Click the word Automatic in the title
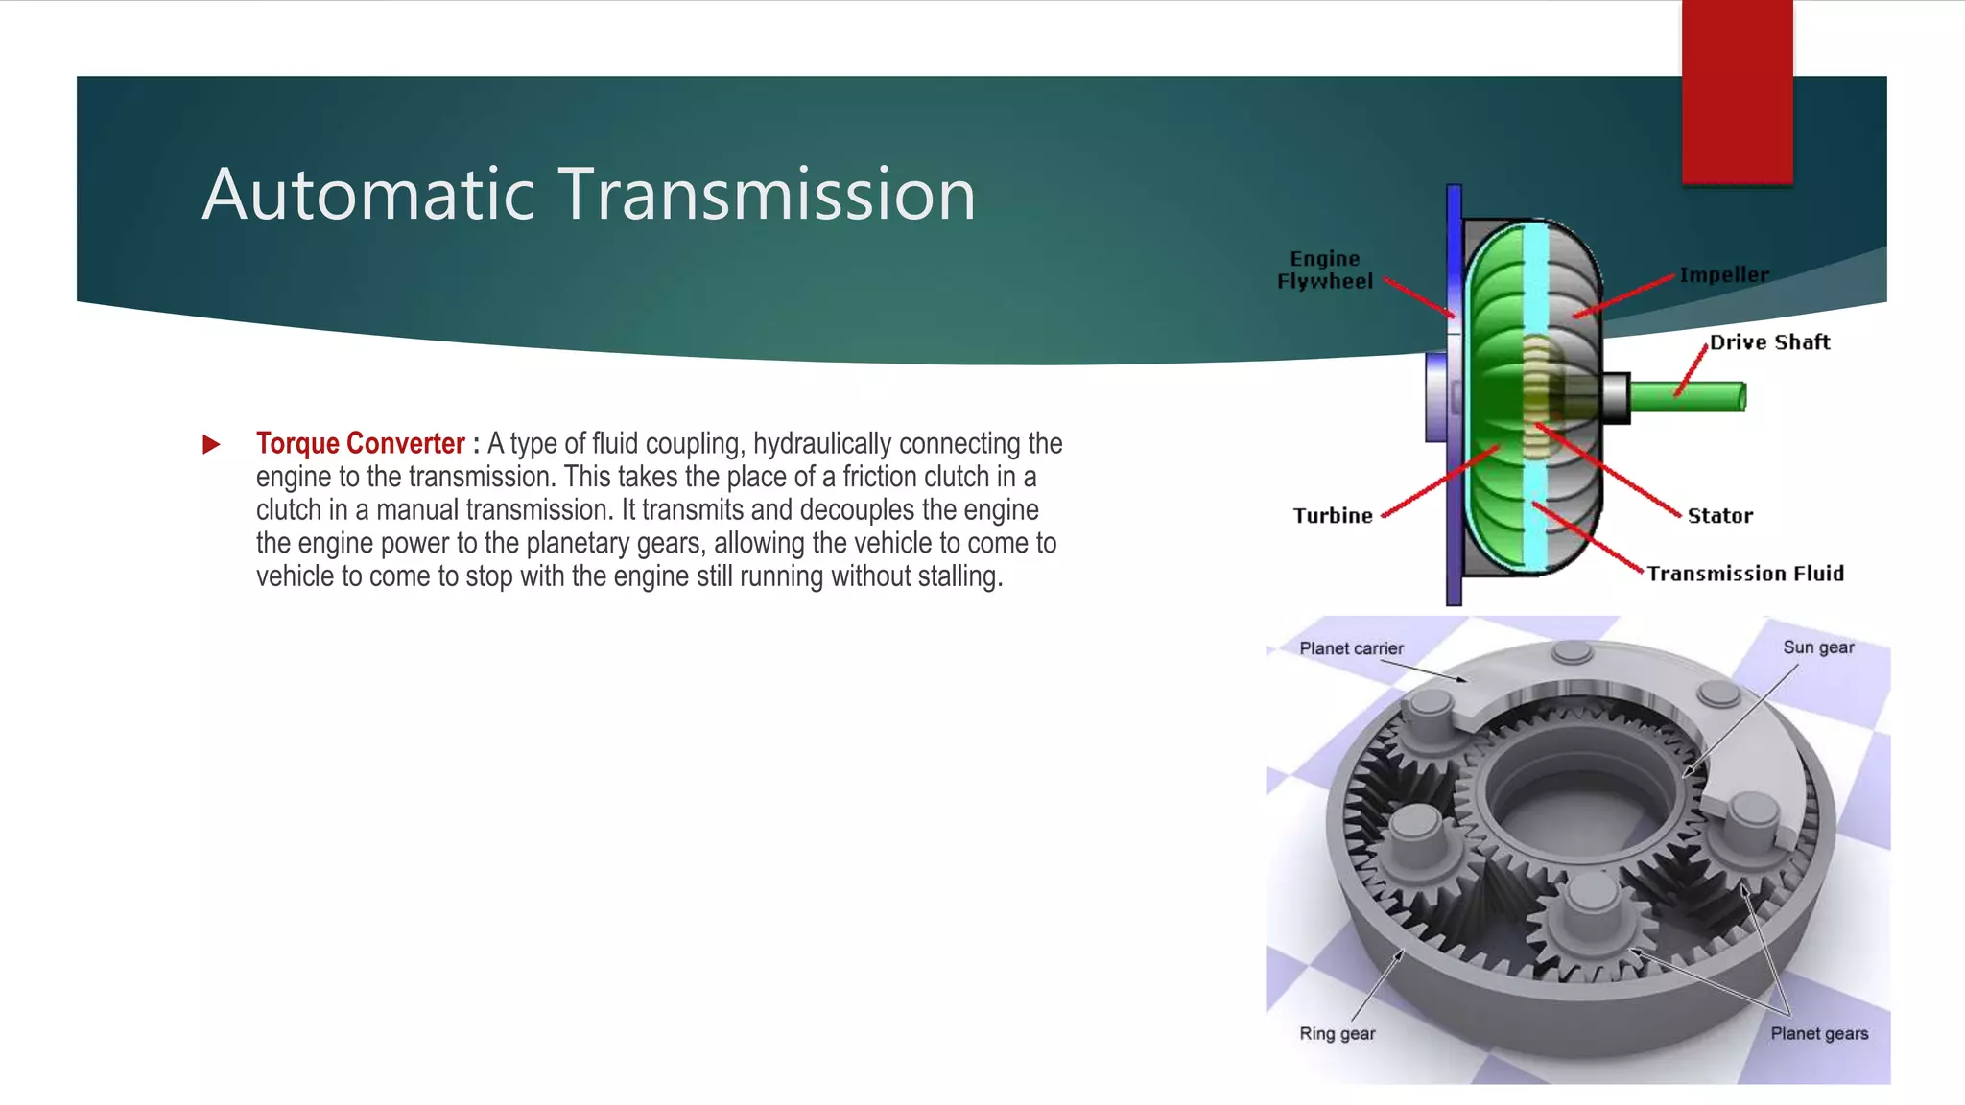click(x=367, y=195)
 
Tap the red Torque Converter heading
click(x=360, y=443)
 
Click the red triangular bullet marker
click(x=211, y=444)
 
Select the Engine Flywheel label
click(x=1324, y=270)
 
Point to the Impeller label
click(x=1723, y=275)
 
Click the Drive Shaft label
click(x=1769, y=342)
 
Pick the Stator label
click(x=1719, y=516)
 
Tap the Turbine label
click(x=1333, y=516)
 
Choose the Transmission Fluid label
click(x=1745, y=574)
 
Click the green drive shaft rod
click(x=1689, y=396)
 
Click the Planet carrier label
click(x=1351, y=648)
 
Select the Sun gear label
click(x=1818, y=647)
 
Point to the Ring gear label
click(x=1337, y=1034)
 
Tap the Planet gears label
click(x=1819, y=1034)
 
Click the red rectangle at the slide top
click(x=1737, y=91)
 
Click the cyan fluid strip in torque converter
click(x=1535, y=288)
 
